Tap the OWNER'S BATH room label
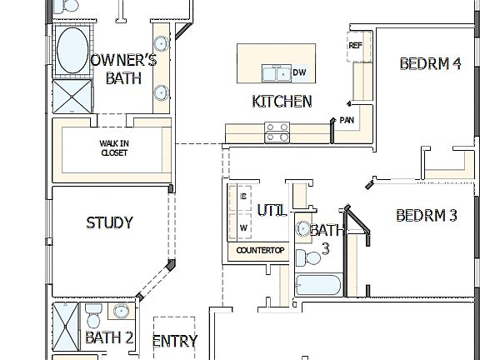click(122, 69)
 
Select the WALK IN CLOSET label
click(114, 147)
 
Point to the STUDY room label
click(109, 222)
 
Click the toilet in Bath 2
click(93, 316)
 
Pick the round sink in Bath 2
click(122, 312)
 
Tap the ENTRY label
click(175, 341)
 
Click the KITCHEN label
click(282, 102)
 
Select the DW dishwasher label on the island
click(299, 73)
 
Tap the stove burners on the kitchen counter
click(277, 130)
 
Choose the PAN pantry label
click(347, 120)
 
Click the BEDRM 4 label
click(429, 62)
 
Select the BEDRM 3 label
click(426, 215)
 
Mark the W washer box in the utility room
click(243, 227)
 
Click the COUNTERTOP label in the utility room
click(260, 250)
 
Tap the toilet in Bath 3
click(307, 252)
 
